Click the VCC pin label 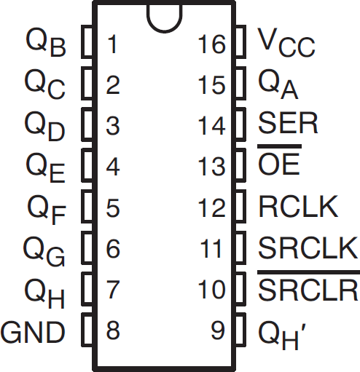[286, 42]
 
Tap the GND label [33, 332]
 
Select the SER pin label [288, 123]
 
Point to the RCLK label [298, 207]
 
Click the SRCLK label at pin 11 [308, 248]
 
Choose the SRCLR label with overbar [308, 285]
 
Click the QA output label [278, 84]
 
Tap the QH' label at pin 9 [282, 336]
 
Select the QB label [46, 42]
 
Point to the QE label [45, 167]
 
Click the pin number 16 [211, 44]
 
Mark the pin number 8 [113, 331]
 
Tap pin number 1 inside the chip [112, 44]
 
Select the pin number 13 [211, 166]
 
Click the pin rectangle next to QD [87, 124]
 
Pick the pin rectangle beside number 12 [240, 206]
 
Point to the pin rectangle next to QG [87, 248]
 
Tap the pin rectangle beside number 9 [240, 329]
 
